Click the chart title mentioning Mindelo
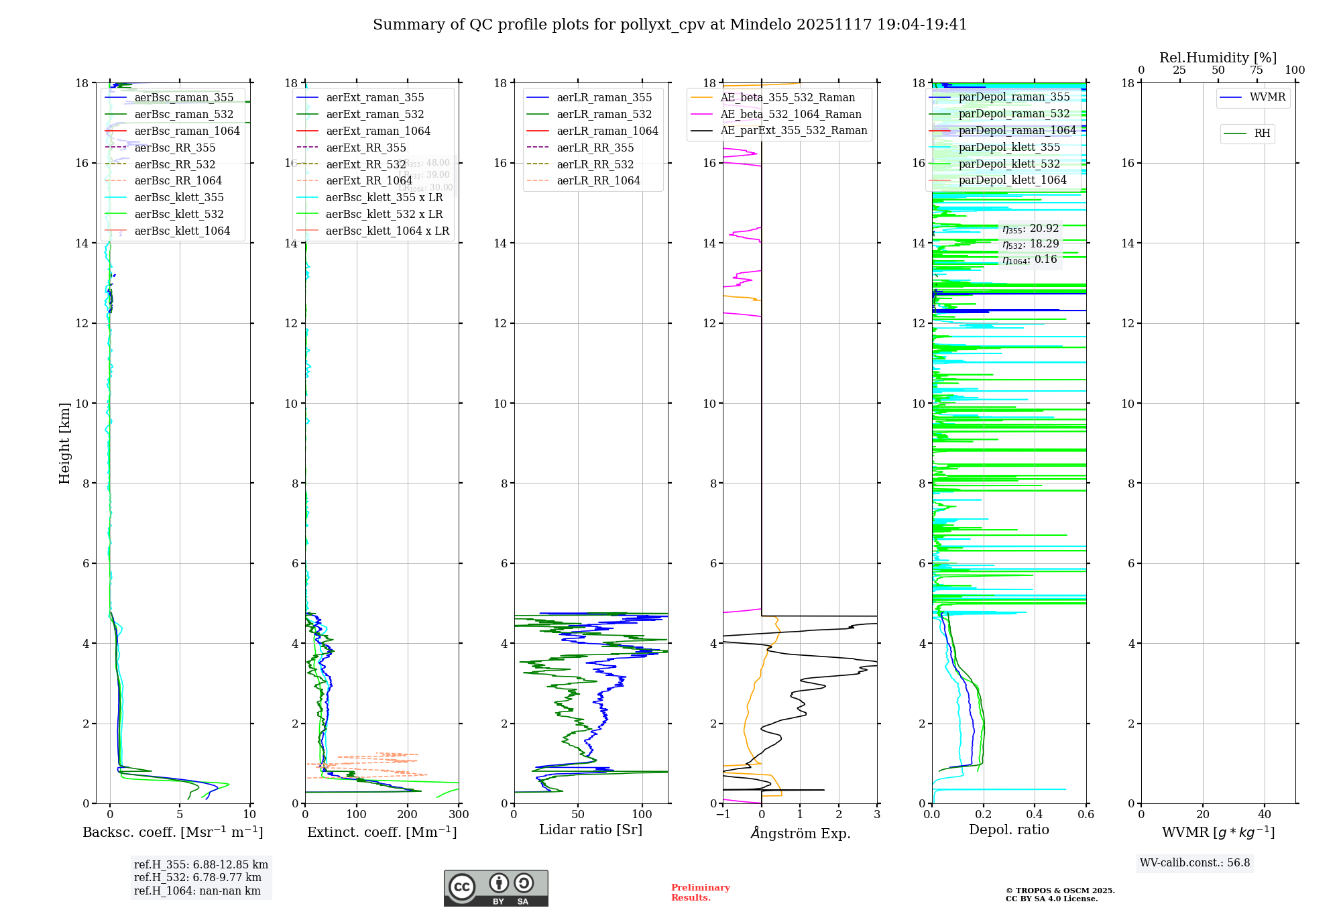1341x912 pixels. coord(670,25)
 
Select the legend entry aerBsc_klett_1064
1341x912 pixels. coord(182,231)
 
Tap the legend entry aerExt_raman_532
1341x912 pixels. coord(375,114)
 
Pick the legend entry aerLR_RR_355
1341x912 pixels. coord(595,148)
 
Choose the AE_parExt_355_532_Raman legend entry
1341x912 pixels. coord(793,131)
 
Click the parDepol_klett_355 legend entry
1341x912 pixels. coord(1009,147)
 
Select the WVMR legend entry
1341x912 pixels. coord(1267,97)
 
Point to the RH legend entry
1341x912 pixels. coord(1262,133)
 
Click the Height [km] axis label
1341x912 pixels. coord(64,443)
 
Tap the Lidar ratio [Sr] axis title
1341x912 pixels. coord(591,830)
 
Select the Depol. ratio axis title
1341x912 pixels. coord(1008,830)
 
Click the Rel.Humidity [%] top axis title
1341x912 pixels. coord(1218,58)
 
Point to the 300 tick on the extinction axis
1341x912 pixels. coord(459,815)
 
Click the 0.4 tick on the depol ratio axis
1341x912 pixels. coord(1035,815)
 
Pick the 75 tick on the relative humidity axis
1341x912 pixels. coord(1257,70)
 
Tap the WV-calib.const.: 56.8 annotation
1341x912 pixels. coord(1195,863)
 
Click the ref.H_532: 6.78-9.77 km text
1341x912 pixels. coord(198,878)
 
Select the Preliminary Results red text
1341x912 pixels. coord(700,893)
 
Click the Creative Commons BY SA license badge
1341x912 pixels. coord(495,889)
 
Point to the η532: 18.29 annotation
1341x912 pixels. coord(1031,244)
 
